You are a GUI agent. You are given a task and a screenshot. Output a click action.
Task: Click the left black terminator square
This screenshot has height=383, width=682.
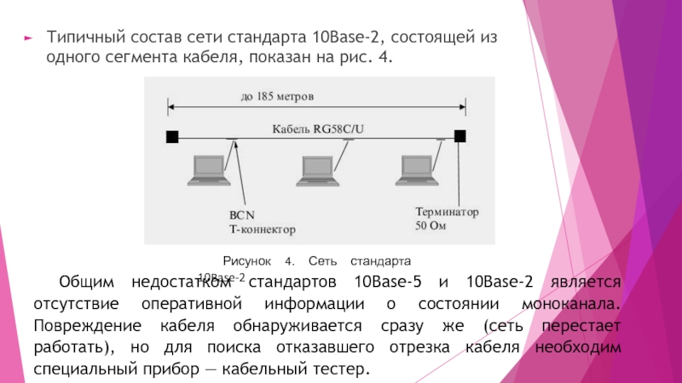(x=171, y=136)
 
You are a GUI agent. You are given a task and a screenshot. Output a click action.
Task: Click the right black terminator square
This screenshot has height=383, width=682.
(x=459, y=136)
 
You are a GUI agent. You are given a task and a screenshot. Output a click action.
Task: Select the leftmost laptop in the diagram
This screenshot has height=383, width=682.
(x=208, y=168)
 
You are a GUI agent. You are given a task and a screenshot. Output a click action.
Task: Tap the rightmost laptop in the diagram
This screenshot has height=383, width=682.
(x=416, y=168)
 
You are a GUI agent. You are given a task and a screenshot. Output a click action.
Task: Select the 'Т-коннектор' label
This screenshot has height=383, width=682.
(x=262, y=230)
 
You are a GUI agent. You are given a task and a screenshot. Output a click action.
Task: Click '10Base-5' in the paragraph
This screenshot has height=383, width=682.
(x=386, y=283)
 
